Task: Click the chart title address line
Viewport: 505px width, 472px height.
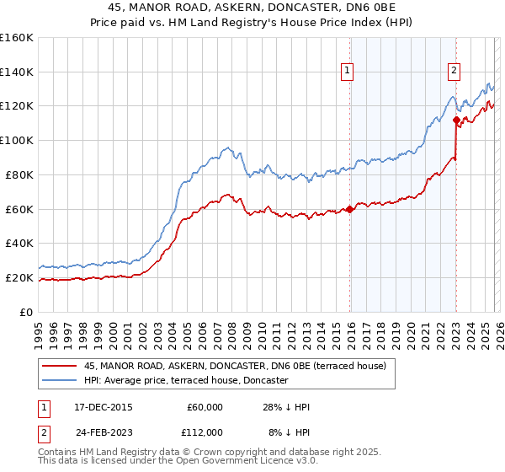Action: tap(252, 7)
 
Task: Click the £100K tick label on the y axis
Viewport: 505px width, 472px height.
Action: tap(16, 140)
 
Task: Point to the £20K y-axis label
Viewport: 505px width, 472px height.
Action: tap(19, 277)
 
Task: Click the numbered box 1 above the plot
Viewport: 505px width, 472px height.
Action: tap(348, 72)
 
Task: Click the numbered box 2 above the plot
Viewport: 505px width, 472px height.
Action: tap(454, 72)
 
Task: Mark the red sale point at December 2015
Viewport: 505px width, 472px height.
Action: tap(349, 209)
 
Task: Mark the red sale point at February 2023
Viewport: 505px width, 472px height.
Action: tap(455, 120)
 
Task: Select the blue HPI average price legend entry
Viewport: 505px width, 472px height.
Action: tap(186, 381)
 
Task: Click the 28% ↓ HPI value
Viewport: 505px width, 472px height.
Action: tap(287, 407)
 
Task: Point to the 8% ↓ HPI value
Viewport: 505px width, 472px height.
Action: tap(290, 432)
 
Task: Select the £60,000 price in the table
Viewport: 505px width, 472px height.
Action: tap(204, 407)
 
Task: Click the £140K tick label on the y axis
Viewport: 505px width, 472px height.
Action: tap(16, 72)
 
